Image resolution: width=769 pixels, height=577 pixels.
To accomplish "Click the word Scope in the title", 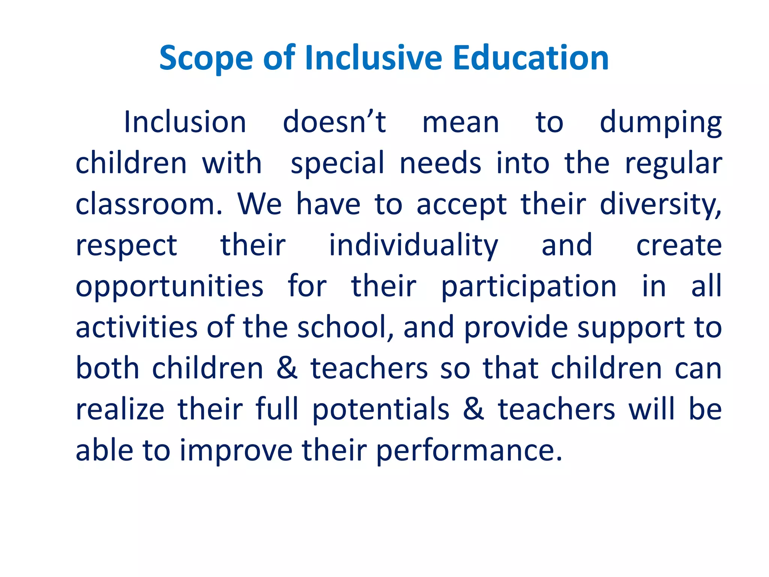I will click(206, 58).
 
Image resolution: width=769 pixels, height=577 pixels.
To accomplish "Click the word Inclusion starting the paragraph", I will click(185, 122).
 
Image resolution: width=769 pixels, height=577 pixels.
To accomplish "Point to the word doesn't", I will click(334, 122).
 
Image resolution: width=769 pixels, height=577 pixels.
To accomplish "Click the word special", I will click(338, 164).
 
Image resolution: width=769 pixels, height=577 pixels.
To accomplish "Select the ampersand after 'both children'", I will click(287, 368).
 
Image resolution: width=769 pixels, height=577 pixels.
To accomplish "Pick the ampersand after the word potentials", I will click(473, 409).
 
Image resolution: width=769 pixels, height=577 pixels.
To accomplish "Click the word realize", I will click(120, 409).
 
